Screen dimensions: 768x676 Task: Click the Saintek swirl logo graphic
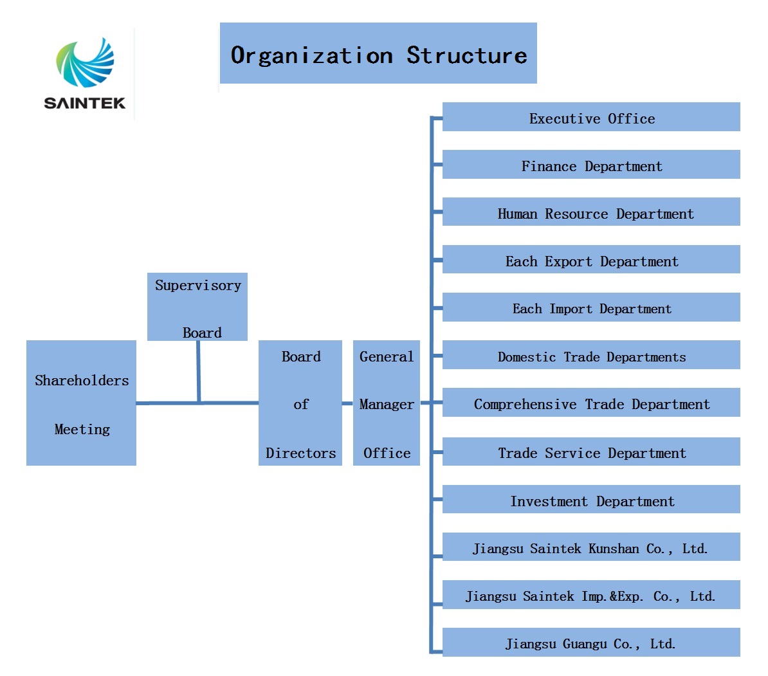[85, 62]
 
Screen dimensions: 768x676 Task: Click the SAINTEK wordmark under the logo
[85, 103]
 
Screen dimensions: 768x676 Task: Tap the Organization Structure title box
[378, 53]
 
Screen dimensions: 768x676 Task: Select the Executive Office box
[591, 116]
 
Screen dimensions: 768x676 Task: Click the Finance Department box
[591, 164]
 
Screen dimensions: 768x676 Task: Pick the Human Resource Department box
[591, 212]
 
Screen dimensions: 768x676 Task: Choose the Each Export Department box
[591, 259]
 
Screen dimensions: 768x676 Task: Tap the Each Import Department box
[591, 307]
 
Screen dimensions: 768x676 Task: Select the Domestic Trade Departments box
[591, 354]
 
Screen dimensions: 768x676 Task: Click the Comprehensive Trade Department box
[591, 402]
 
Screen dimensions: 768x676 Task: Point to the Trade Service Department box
[591, 451]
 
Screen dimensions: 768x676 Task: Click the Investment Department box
[591, 499]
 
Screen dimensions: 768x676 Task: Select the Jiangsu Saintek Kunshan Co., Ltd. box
[591, 547]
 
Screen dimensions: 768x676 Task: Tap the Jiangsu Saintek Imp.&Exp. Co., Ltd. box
[591, 595]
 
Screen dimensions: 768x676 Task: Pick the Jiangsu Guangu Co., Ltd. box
[591, 642]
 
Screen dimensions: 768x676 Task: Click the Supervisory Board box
[197, 307]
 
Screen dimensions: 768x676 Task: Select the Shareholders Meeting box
[81, 403]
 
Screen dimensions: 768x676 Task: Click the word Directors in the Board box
[301, 453]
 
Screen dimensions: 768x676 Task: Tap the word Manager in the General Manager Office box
[387, 405]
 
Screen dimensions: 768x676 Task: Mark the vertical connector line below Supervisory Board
[198, 371]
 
